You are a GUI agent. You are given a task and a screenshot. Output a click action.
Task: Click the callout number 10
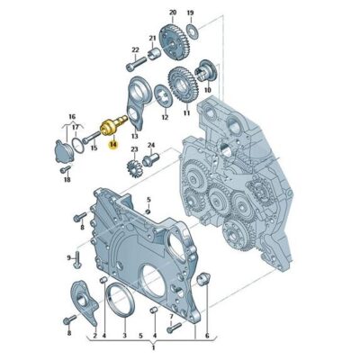click(x=208, y=90)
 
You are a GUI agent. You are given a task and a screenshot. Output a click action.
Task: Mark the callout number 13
click(x=134, y=134)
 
